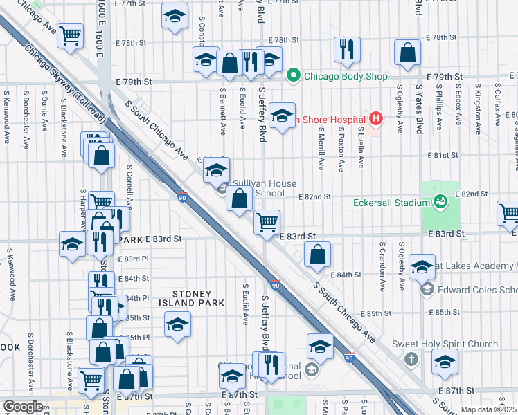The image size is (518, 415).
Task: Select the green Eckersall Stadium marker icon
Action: [x=438, y=201]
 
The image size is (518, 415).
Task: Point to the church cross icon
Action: [x=411, y=359]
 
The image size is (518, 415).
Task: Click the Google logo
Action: [x=24, y=407]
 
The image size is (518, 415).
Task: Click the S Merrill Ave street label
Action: [x=322, y=153]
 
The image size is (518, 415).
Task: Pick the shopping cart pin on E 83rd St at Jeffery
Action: [x=267, y=223]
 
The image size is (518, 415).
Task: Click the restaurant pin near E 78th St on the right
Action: [x=344, y=48]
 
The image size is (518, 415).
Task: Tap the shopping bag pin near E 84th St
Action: [x=317, y=254]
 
